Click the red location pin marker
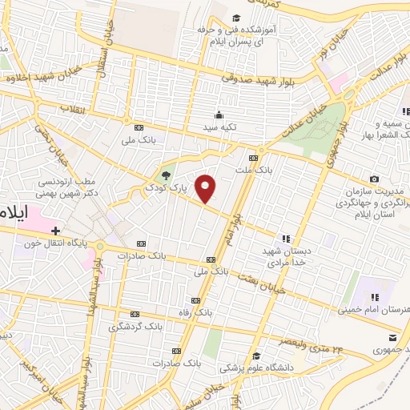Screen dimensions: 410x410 206,187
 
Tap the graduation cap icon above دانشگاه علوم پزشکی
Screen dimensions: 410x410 255,356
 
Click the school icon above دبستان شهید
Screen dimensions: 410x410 286,238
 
